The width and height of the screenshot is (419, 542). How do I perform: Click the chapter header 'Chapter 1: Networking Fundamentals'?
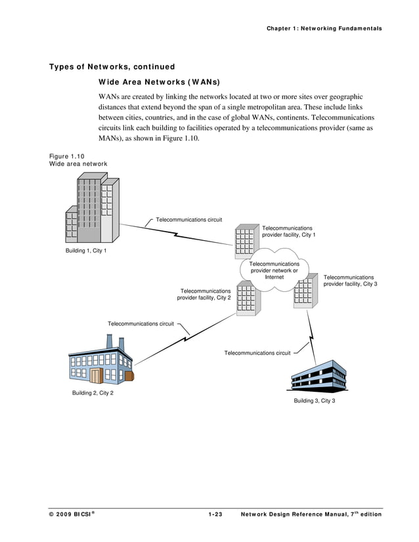click(324, 28)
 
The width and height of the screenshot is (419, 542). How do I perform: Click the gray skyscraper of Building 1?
click(92, 210)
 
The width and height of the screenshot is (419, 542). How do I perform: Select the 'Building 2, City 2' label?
click(93, 393)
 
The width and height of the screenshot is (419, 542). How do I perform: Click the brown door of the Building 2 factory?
click(97, 375)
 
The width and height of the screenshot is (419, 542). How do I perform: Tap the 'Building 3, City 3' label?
click(314, 401)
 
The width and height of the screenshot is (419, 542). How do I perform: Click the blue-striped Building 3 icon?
click(320, 377)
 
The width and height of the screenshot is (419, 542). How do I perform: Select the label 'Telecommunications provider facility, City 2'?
click(204, 294)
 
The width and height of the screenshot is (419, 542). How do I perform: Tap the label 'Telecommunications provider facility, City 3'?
click(350, 281)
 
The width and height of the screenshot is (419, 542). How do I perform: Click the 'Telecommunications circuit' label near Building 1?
click(188, 219)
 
